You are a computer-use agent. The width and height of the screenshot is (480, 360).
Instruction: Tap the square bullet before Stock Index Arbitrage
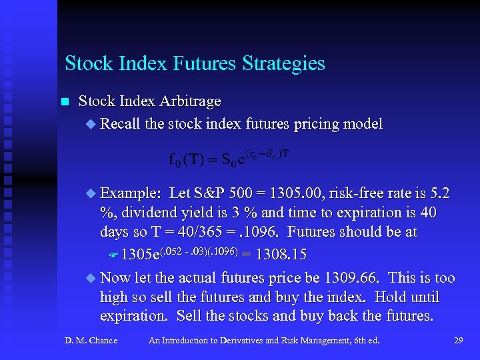click(64, 102)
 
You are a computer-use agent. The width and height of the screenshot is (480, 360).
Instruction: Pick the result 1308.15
click(281, 255)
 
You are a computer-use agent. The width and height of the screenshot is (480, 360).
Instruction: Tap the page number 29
click(458, 341)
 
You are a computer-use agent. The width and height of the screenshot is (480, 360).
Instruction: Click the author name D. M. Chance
click(91, 341)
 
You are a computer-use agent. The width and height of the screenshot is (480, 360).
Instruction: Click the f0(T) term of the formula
click(186, 159)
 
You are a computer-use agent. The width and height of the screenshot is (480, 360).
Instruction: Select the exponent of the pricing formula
click(268, 153)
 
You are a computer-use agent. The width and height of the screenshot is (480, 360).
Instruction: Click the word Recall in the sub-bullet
click(120, 123)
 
